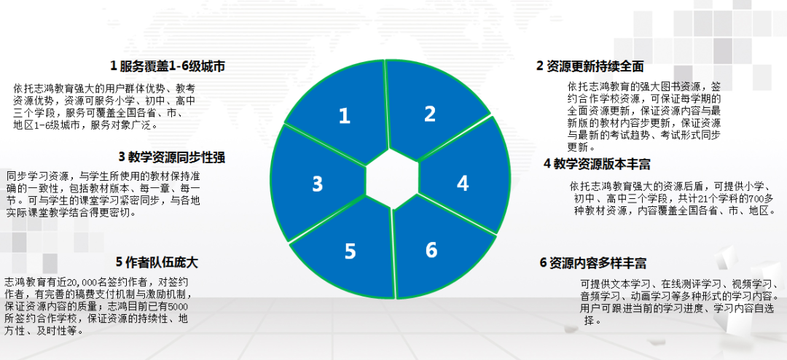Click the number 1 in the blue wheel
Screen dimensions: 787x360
(x=344, y=116)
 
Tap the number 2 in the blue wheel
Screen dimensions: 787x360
(x=430, y=114)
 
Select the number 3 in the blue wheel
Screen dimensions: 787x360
(x=317, y=184)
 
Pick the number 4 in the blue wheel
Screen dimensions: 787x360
(x=463, y=183)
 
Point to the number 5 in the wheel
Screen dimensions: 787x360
(x=350, y=251)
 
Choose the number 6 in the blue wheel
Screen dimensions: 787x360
(x=431, y=249)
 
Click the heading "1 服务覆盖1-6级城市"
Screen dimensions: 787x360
(x=168, y=66)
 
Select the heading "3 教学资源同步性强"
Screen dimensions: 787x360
(x=172, y=157)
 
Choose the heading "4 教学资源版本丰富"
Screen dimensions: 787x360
(x=598, y=164)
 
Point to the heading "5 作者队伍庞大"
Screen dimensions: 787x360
(x=157, y=262)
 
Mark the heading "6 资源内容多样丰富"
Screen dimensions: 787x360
(x=592, y=263)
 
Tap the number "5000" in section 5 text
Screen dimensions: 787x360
(x=180, y=306)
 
